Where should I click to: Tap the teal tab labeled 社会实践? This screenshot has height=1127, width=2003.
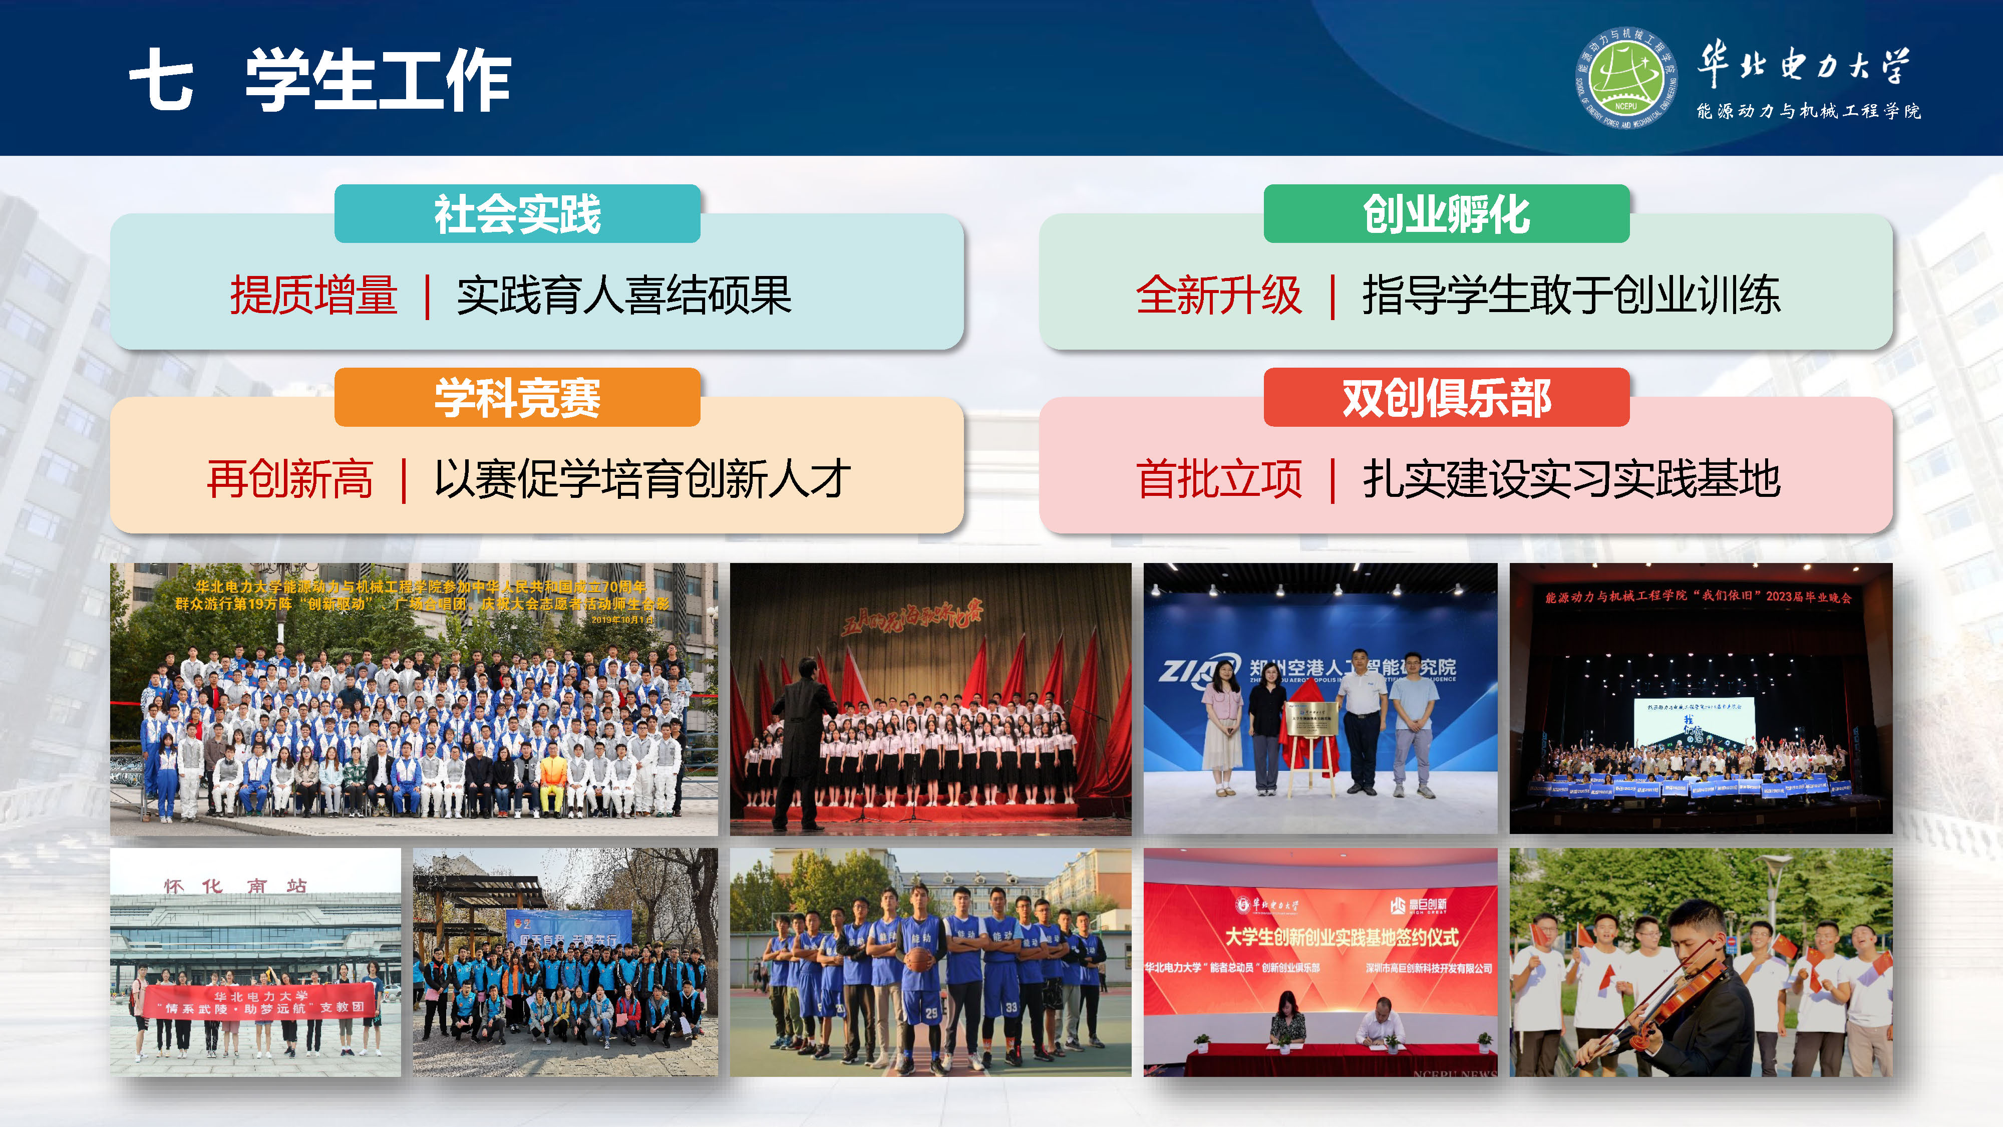pos(517,214)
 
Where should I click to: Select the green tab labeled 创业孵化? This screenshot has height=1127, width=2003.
pos(1446,214)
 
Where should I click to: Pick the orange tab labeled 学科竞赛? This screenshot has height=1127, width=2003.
pos(517,397)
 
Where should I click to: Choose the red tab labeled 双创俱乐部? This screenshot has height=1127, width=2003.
pos(1446,397)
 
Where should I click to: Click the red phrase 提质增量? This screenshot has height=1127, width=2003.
pos(314,296)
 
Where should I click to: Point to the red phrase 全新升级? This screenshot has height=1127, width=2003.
pos(1218,296)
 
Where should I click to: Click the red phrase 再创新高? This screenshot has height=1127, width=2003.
pos(290,478)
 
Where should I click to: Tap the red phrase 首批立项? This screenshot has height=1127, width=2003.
pos(1218,478)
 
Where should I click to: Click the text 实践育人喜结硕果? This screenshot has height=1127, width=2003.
pos(623,296)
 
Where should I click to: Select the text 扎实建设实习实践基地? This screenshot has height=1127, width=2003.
pos(1571,478)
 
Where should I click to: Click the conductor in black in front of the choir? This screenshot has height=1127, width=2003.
pos(801,739)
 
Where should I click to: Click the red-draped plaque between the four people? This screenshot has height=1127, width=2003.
pos(1312,735)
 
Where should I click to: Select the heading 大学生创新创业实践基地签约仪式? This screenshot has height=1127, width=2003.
pos(1342,937)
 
